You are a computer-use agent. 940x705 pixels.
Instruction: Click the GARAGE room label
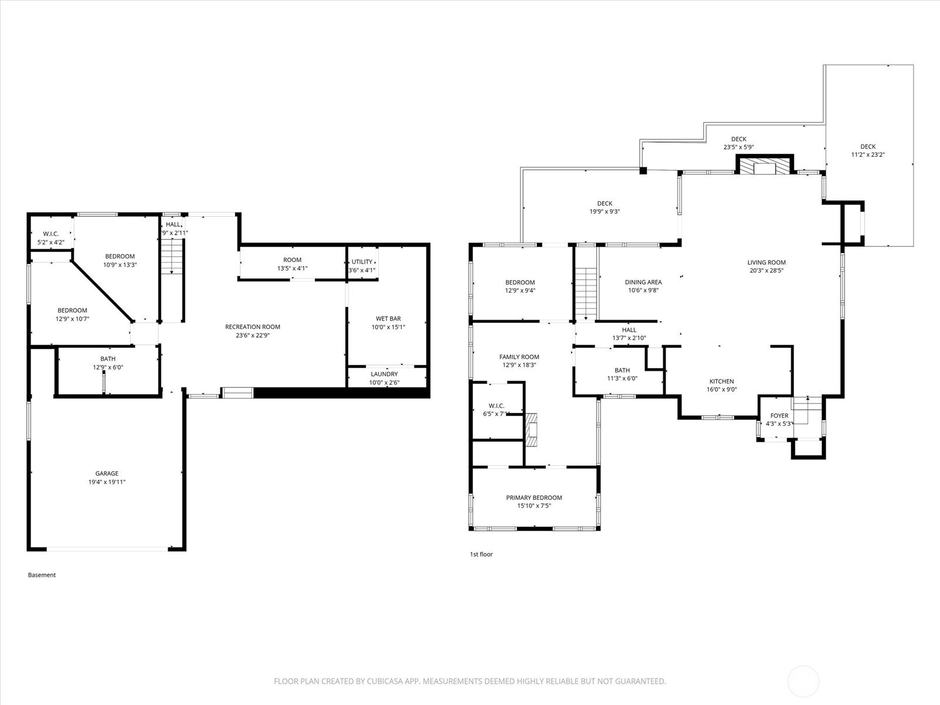click(107, 473)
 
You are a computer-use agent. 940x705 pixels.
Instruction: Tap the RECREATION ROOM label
click(253, 327)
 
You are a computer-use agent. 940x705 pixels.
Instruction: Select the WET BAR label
click(388, 318)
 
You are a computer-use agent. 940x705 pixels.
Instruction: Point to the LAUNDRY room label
click(384, 374)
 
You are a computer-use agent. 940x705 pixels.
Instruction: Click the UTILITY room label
click(362, 261)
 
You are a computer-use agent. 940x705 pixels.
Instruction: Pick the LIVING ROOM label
click(767, 263)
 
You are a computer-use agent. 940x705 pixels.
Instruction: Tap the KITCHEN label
click(721, 381)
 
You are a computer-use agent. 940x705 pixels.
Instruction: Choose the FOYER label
click(780, 415)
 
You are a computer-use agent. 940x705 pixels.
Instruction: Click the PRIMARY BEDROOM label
click(534, 498)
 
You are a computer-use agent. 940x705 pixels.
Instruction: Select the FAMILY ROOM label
click(519, 357)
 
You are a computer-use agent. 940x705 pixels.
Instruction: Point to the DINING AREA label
click(643, 282)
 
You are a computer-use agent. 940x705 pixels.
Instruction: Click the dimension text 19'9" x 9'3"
click(605, 211)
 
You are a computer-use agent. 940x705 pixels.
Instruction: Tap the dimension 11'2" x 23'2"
click(868, 155)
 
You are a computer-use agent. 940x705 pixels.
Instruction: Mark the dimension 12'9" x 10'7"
click(72, 319)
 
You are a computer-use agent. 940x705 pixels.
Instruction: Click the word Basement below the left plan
click(42, 575)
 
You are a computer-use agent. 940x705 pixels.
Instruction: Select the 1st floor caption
click(481, 554)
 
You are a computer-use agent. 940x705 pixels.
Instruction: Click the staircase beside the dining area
click(585, 294)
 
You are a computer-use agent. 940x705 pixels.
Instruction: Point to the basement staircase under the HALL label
click(172, 257)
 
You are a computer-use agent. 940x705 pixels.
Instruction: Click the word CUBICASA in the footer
click(385, 681)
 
